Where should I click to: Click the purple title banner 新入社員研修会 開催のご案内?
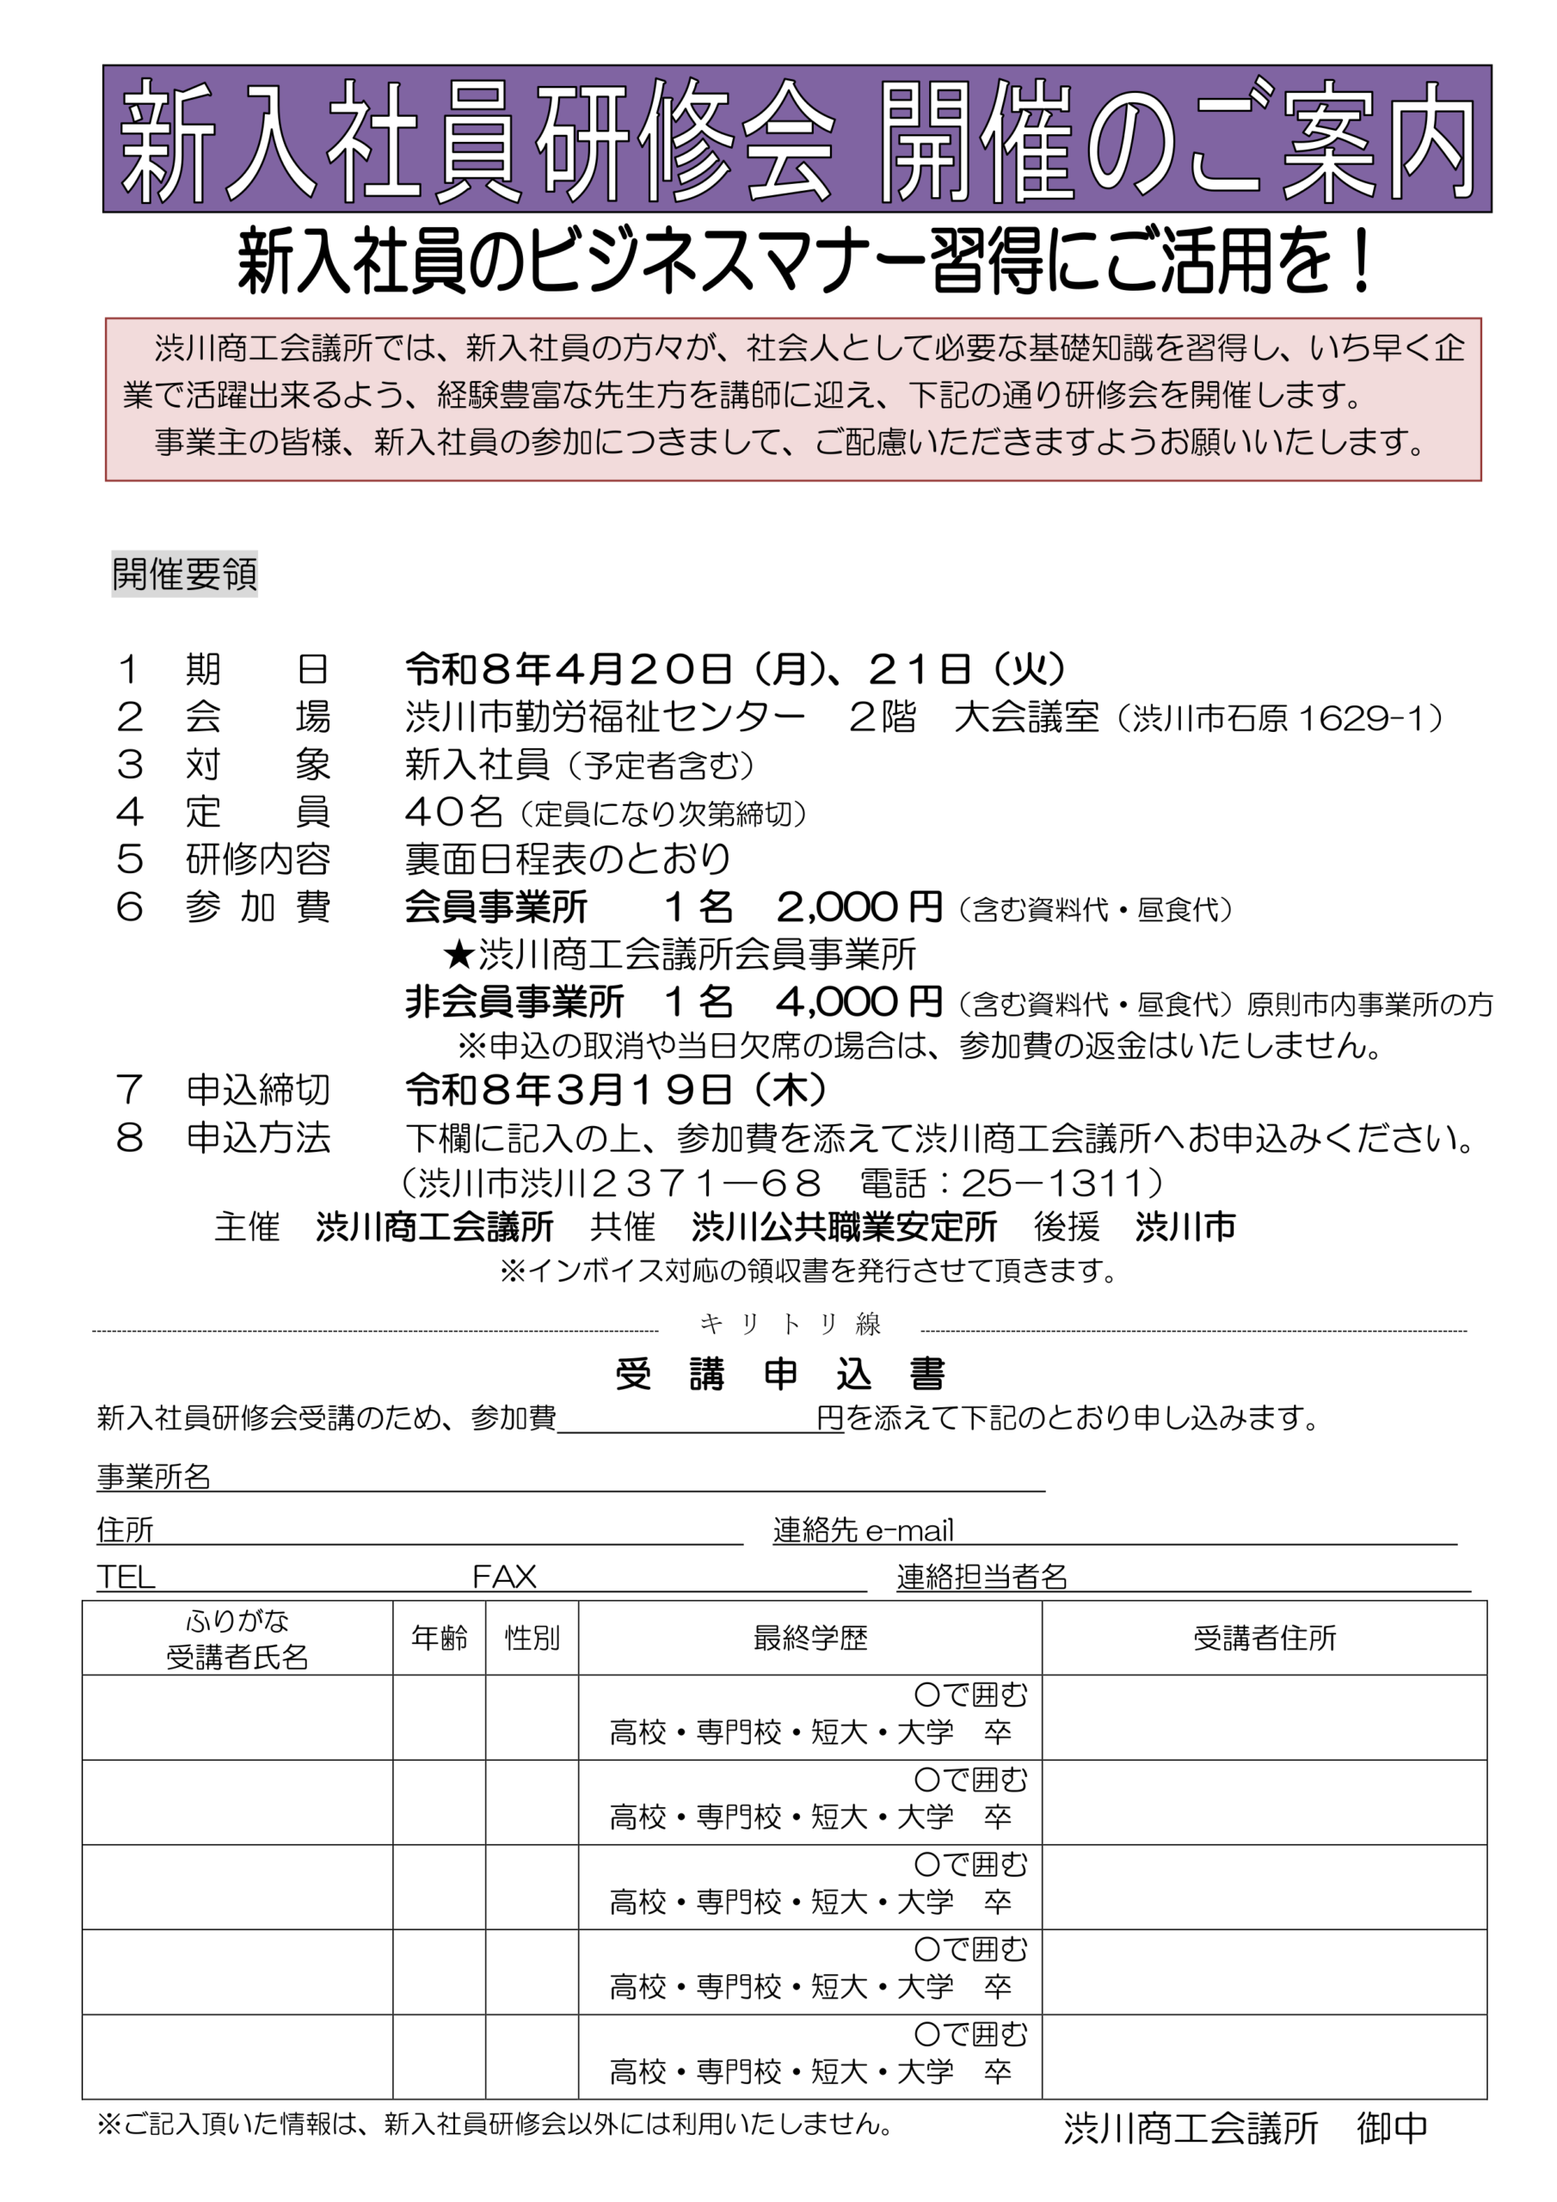click(x=797, y=139)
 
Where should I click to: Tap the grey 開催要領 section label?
click(x=184, y=575)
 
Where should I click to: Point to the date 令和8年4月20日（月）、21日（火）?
click(x=735, y=668)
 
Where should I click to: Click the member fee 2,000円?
click(x=859, y=907)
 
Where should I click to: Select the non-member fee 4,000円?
click(x=859, y=1001)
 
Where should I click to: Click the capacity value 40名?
click(x=453, y=812)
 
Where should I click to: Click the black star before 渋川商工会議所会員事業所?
click(x=459, y=954)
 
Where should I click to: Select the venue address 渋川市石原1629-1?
click(x=1288, y=718)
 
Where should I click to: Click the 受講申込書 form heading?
click(x=780, y=1375)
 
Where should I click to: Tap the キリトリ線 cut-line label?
click(x=790, y=1325)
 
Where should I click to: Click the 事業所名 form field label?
click(x=153, y=1476)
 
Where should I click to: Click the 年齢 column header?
click(x=440, y=1637)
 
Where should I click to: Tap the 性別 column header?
click(x=532, y=1637)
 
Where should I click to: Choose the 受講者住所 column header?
click(x=1264, y=1637)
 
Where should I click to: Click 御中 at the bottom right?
click(x=1392, y=2127)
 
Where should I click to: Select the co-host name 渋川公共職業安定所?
click(x=844, y=1227)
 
